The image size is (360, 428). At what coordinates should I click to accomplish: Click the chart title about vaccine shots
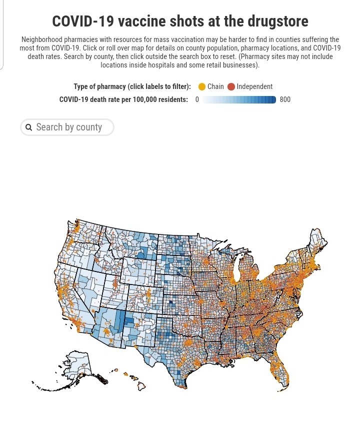tap(180, 21)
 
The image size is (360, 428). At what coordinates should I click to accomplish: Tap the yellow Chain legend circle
tap(202, 86)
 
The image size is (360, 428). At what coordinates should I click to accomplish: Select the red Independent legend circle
tap(231, 86)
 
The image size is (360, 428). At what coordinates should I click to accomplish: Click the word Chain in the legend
tap(215, 86)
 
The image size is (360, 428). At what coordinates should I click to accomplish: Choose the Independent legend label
tap(254, 86)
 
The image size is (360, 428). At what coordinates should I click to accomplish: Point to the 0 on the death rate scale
tap(197, 99)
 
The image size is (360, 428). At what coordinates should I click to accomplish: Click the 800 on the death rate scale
tap(285, 99)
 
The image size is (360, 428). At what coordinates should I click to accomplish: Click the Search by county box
tap(67, 127)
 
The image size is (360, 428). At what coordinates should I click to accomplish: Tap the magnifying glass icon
tap(29, 127)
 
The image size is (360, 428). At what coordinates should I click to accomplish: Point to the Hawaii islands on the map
tap(134, 381)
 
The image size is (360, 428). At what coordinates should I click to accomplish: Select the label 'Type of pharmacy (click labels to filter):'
tap(132, 86)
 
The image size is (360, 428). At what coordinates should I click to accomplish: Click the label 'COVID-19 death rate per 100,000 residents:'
tap(123, 99)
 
